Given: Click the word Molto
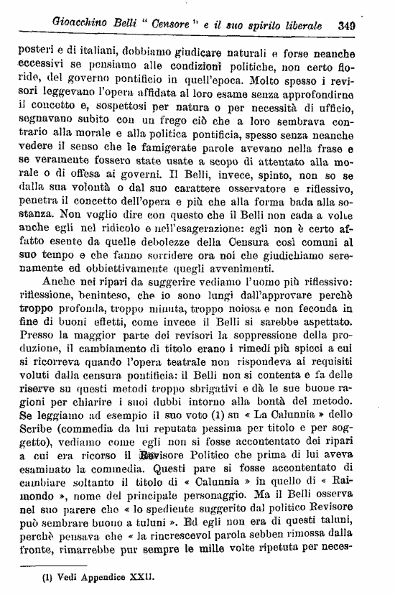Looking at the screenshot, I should click(x=289, y=79).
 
